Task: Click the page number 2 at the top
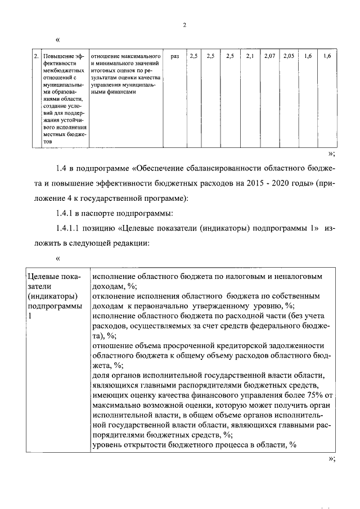(x=183, y=25)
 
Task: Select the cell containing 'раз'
(x=174, y=56)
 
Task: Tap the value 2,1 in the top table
(x=250, y=56)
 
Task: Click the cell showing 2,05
(x=289, y=56)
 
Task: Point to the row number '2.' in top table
(x=36, y=56)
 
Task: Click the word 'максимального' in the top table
(x=139, y=56)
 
